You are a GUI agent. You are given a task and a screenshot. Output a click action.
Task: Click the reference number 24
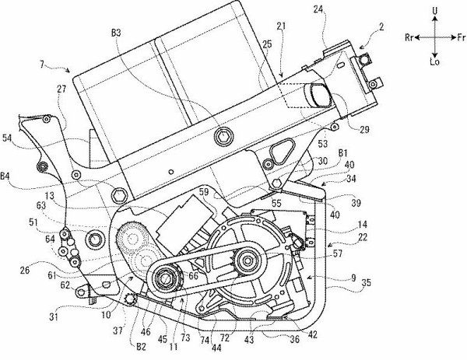pos(318,10)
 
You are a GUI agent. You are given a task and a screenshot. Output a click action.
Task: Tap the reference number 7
pos(42,64)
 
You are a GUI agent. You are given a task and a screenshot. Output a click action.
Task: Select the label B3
pos(116,33)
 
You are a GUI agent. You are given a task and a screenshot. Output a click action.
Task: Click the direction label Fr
pos(461,37)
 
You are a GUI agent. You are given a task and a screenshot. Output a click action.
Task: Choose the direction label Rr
pos(409,37)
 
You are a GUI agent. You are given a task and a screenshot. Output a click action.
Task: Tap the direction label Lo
pos(435,62)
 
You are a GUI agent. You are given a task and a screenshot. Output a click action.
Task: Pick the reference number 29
pos(364,129)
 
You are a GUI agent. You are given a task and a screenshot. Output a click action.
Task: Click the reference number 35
pos(366,282)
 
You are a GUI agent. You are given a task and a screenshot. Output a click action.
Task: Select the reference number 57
pos(337,253)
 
